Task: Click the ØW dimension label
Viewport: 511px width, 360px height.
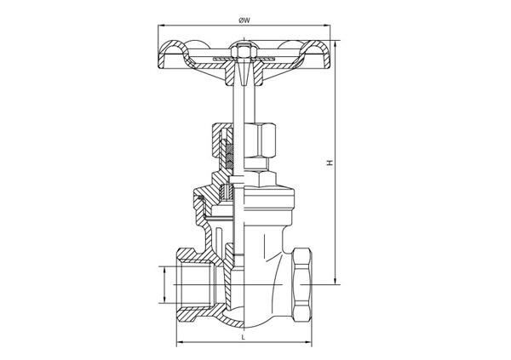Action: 244,20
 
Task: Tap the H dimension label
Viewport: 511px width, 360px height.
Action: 330,163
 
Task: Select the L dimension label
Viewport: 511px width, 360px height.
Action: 243,337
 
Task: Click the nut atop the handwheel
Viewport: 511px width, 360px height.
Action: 244,51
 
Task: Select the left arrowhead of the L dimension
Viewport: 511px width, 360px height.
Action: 180,342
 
